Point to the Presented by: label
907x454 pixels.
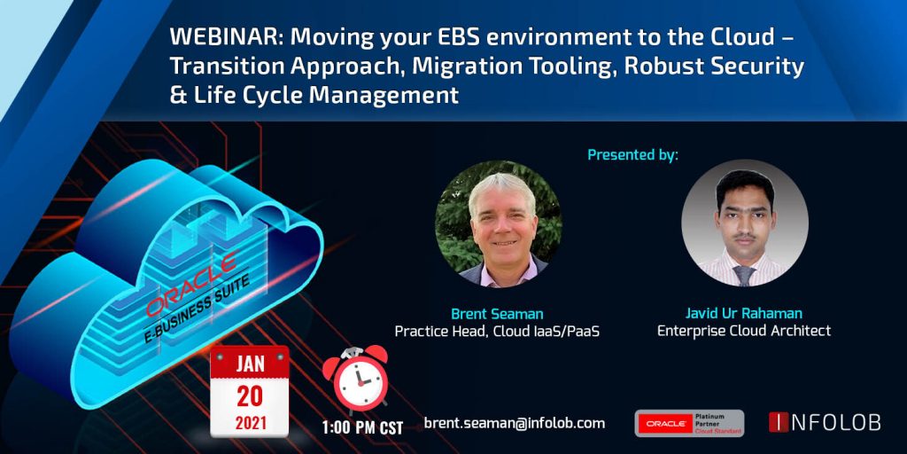point(632,155)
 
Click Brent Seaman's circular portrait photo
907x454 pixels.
point(498,223)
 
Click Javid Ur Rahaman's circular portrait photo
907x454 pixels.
point(745,223)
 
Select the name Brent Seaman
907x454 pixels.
point(498,314)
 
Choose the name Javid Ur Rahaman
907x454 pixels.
point(744,314)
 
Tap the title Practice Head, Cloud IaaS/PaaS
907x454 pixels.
point(498,332)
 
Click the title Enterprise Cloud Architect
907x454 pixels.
point(744,332)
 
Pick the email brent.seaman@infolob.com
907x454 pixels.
point(515,423)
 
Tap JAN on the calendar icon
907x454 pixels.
point(249,364)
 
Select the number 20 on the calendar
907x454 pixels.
point(249,395)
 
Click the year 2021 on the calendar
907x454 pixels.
point(249,423)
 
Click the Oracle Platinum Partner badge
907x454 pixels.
point(689,423)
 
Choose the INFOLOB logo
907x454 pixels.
point(824,423)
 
